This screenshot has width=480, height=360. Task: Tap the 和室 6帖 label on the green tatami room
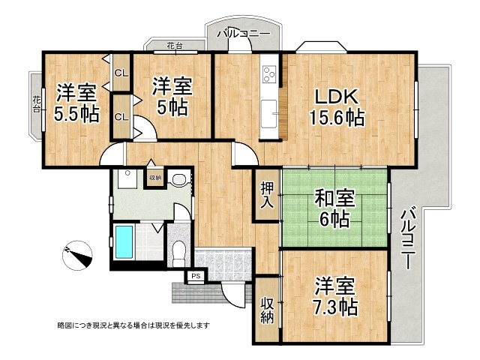331,209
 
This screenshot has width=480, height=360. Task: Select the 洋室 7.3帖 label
335,295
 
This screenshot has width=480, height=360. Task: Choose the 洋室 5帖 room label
172,95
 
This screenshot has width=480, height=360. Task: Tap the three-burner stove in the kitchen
269,74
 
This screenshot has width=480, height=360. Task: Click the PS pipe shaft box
196,277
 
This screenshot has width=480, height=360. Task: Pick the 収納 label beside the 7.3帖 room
267,310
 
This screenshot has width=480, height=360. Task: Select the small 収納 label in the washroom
154,178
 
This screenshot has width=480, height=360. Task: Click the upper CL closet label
121,73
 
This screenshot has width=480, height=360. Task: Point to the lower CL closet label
121,117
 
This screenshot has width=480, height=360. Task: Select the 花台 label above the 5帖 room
173,46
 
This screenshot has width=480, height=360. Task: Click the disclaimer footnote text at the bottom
133,325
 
